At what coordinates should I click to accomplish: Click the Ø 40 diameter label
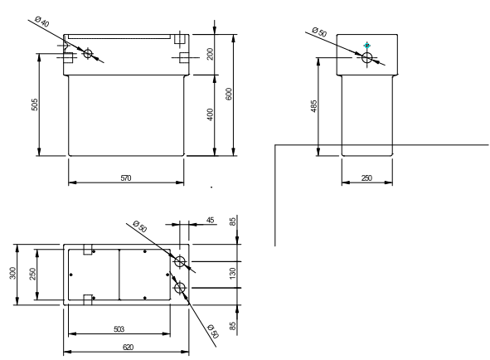(42, 22)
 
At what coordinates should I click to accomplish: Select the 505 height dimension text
(34, 105)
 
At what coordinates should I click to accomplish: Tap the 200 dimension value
(211, 54)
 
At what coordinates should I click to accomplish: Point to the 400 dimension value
(211, 114)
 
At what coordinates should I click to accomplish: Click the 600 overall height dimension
(229, 94)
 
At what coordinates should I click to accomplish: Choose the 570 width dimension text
(126, 178)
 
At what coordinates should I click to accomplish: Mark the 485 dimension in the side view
(314, 106)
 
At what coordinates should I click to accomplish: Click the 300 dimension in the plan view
(12, 273)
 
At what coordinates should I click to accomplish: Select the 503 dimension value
(119, 329)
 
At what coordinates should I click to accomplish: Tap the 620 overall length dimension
(128, 348)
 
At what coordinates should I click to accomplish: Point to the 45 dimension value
(211, 220)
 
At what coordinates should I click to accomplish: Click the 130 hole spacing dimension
(232, 274)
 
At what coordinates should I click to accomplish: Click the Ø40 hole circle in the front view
(88, 53)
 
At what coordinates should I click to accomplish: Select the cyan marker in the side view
(366, 46)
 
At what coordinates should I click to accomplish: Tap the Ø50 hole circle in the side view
(366, 57)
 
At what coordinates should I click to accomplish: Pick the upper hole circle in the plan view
(180, 261)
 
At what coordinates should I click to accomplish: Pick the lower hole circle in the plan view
(180, 288)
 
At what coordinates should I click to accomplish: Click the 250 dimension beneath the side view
(366, 178)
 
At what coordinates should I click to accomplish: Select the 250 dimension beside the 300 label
(32, 274)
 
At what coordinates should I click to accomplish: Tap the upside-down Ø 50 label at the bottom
(213, 331)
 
